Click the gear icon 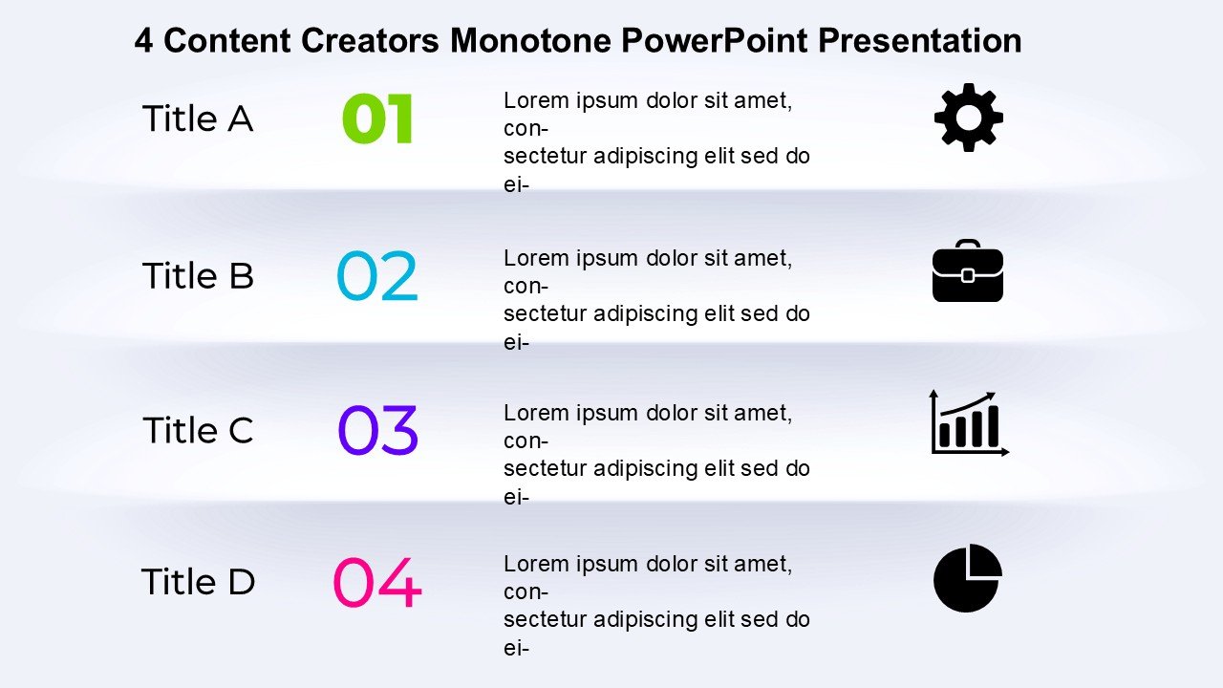969,118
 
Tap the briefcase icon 968,270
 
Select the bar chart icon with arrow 969,423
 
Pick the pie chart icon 968,578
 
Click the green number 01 377,118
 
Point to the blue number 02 377,275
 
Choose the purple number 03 377,430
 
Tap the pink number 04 377,582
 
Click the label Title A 198,118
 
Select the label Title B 198,275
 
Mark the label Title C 198,430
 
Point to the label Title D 198,581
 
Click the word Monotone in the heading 530,40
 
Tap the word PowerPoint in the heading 714,41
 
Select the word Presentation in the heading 919,40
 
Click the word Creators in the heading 370,40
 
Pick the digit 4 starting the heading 143,40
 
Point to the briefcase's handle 968,244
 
